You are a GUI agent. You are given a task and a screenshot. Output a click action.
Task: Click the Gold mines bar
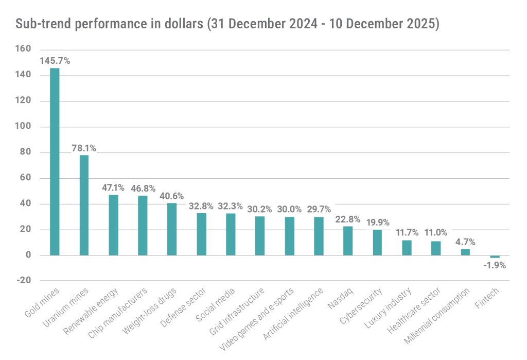tap(55, 162)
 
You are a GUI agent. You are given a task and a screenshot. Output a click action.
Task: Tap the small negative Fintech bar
tap(495, 256)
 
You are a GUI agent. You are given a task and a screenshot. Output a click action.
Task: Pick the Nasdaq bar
tap(348, 241)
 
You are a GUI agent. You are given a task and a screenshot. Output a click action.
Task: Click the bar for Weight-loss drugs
tap(172, 229)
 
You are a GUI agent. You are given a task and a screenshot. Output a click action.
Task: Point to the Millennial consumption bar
tap(465, 252)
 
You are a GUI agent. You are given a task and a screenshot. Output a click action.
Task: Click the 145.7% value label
tap(55, 61)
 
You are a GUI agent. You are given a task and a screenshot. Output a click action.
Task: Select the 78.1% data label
tap(83, 148)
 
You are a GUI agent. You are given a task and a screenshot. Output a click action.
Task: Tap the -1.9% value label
tap(495, 266)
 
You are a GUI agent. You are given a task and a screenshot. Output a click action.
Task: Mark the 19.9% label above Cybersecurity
tap(377, 222)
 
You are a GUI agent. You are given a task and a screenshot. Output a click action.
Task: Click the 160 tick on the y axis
tap(24, 49)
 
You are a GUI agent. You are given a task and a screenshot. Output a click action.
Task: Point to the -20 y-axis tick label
tap(24, 281)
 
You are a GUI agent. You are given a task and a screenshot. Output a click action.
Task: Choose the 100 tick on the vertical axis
tap(24, 127)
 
